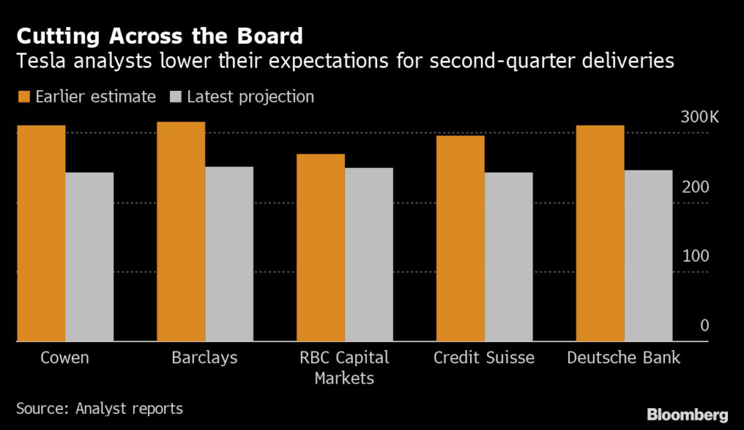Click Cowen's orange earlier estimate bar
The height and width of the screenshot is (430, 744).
click(x=41, y=233)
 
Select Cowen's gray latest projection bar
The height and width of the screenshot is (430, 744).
click(x=89, y=256)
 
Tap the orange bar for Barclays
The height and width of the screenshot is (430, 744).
click(x=181, y=231)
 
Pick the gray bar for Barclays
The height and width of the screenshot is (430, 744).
click(x=229, y=253)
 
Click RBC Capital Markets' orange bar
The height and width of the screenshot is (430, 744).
click(x=320, y=247)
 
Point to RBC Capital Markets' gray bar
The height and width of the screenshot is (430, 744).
click(x=368, y=254)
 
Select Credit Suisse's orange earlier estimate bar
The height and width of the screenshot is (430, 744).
click(x=460, y=238)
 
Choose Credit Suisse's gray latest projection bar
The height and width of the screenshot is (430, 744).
click(x=508, y=256)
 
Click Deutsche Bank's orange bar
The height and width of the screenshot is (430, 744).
click(x=599, y=233)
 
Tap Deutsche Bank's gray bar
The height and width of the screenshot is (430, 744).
click(x=648, y=255)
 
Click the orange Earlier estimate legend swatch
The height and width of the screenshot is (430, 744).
click(x=23, y=97)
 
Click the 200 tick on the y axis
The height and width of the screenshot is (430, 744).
click(x=694, y=187)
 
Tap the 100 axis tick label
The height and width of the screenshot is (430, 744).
click(x=694, y=256)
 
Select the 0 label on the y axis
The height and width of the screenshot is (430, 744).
click(x=704, y=325)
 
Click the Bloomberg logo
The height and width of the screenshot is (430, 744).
click(x=687, y=415)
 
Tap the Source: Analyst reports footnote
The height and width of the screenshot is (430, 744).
click(x=100, y=408)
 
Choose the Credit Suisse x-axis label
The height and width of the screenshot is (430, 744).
click(x=483, y=358)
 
